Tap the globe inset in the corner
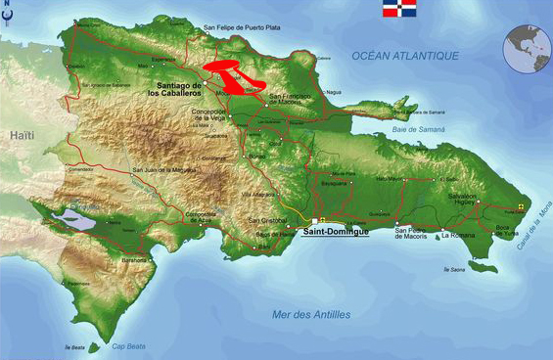tap(527, 48)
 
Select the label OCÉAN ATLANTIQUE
tap(405, 56)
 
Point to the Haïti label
tap(22, 136)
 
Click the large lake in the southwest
tap(77, 220)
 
